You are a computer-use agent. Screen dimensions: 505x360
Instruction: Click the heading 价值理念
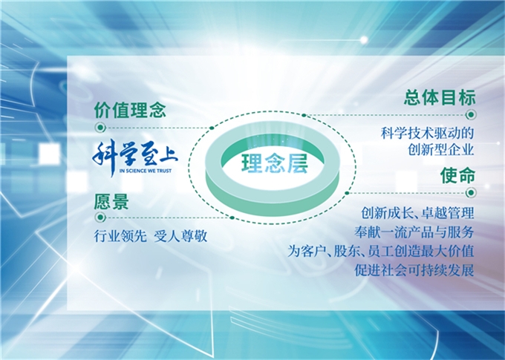coord(130,110)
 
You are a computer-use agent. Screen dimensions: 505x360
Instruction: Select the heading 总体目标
coord(440,97)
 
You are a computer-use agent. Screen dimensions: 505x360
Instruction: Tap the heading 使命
coord(457,175)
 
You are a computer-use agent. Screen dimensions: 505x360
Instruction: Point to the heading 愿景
coord(111,202)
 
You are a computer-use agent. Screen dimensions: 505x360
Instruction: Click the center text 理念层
coord(275,163)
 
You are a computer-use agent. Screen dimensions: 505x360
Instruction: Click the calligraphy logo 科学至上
coord(135,157)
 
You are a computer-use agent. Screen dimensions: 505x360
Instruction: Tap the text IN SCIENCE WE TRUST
coord(146,171)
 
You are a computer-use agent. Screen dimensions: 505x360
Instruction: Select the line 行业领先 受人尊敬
coord(151,236)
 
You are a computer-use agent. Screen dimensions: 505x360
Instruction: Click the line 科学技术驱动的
coord(427,133)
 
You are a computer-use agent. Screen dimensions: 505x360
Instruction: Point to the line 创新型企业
coord(441,149)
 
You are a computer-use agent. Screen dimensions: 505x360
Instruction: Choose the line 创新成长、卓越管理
coord(417,212)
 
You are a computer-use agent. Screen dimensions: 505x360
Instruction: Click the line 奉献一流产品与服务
coord(414,232)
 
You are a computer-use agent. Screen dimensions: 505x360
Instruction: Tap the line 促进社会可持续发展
coord(414,270)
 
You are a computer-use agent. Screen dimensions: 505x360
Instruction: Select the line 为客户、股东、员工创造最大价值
coord(381,251)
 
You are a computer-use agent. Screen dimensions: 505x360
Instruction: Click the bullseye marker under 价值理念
coord(100,128)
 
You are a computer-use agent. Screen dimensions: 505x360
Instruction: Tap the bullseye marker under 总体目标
coord(471,114)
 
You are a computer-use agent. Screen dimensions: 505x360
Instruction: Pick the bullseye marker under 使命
coord(471,192)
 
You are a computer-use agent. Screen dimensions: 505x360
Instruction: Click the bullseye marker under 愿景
coord(100,217)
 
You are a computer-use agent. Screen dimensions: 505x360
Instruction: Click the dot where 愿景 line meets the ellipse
coord(232,217)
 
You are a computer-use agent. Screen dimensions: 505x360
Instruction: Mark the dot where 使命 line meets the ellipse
coord(347,193)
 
